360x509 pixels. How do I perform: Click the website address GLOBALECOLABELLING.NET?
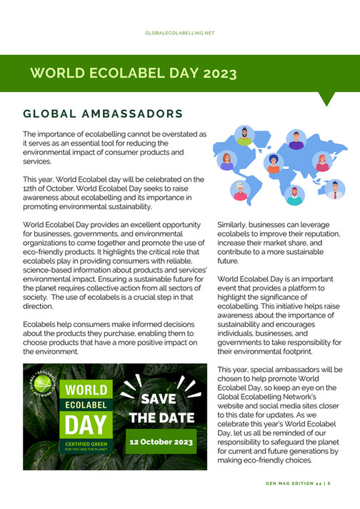pyautogui.click(x=179, y=33)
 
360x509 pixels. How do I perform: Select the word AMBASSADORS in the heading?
pyautogui.click(x=135, y=114)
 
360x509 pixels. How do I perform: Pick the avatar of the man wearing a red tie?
pyautogui.click(x=334, y=189)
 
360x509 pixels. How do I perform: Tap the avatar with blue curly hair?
pyautogui.click(x=274, y=163)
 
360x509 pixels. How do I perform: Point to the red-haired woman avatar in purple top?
pyautogui.click(x=226, y=161)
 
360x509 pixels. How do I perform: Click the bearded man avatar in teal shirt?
pyautogui.click(x=294, y=195)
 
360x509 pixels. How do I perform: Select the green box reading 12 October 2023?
pyautogui.click(x=161, y=442)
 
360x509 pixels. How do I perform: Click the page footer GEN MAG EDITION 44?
pyautogui.click(x=300, y=483)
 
